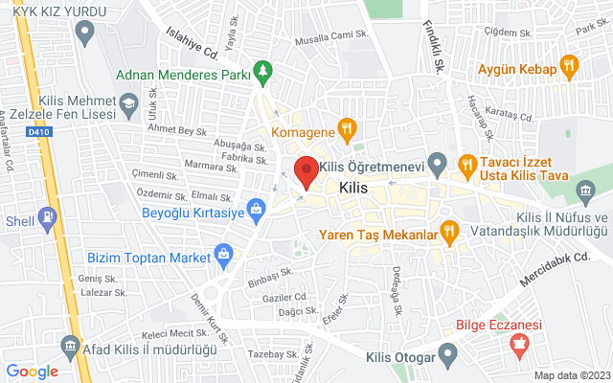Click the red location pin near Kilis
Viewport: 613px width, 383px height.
(306, 169)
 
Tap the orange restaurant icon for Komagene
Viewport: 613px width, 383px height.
(348, 126)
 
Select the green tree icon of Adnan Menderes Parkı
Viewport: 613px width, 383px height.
(262, 72)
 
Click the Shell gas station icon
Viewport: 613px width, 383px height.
(47, 219)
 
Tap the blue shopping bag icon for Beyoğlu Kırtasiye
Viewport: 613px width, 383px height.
(256, 207)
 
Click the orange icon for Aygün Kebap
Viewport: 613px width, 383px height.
(571, 66)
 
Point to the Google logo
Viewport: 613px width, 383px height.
(32, 372)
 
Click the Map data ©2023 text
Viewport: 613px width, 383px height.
(571, 375)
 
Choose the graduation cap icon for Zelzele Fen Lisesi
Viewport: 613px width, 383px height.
(125, 103)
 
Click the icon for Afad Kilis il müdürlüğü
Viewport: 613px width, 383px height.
(69, 345)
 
